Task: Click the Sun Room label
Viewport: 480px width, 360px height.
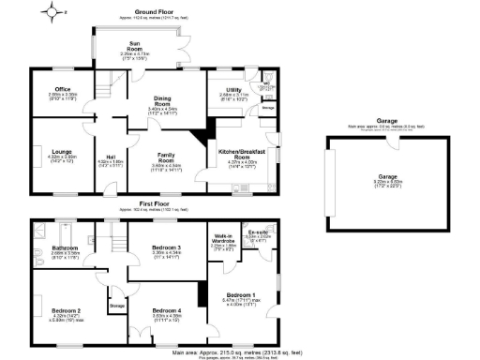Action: coord(136,45)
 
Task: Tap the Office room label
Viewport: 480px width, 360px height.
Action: coord(63,89)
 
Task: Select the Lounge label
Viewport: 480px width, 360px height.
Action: coord(62,151)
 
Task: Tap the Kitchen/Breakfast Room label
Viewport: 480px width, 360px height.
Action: coord(242,156)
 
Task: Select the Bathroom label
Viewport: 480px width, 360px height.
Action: coord(65,247)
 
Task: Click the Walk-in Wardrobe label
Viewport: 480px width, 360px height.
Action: coord(223,238)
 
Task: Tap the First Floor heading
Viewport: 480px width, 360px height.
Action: coord(155,202)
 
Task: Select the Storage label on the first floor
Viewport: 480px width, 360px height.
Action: coord(117,305)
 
